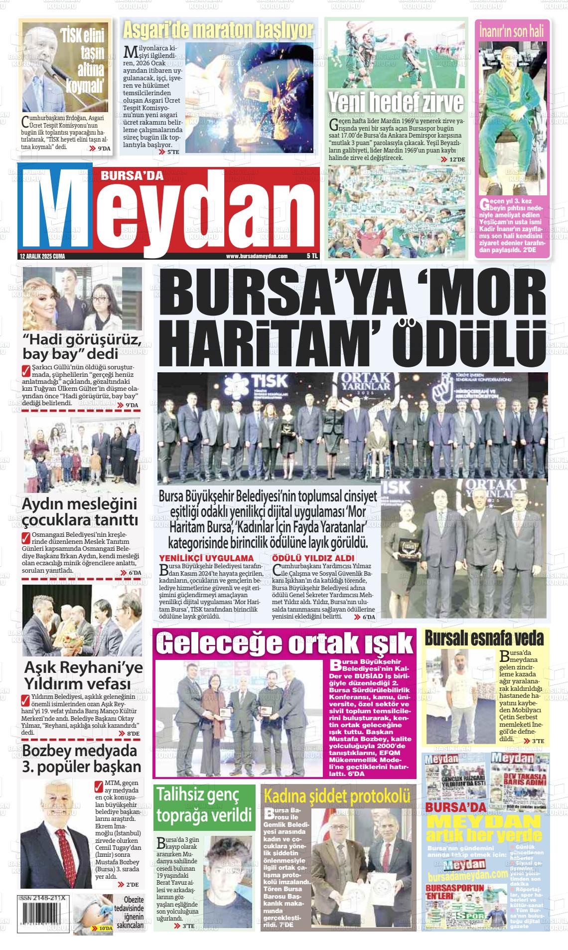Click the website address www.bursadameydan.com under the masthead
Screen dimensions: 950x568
tap(257, 256)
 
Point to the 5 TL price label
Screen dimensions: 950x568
tap(312, 256)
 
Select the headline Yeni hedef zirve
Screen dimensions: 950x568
tap(396, 103)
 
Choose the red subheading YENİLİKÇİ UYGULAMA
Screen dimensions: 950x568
tap(206, 558)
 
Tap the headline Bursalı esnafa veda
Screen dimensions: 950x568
tap(484, 638)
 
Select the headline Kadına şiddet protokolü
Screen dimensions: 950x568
tap(337, 796)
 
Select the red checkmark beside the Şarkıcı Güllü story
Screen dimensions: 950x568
tap(26, 371)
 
